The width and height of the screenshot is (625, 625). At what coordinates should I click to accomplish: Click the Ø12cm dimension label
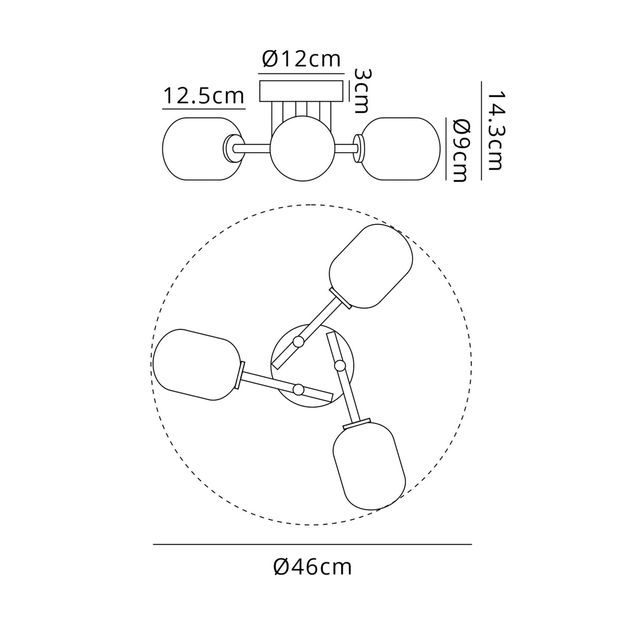coord(302,59)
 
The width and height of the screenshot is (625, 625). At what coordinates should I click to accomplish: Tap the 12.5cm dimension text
coord(203,96)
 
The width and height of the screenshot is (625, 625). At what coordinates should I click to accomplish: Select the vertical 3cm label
coord(360,91)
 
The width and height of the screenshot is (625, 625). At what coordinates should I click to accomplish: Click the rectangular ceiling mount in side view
coord(302,91)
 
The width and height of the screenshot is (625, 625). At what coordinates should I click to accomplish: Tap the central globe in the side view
coord(302,148)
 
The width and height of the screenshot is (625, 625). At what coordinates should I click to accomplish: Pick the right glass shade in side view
coord(401,149)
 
